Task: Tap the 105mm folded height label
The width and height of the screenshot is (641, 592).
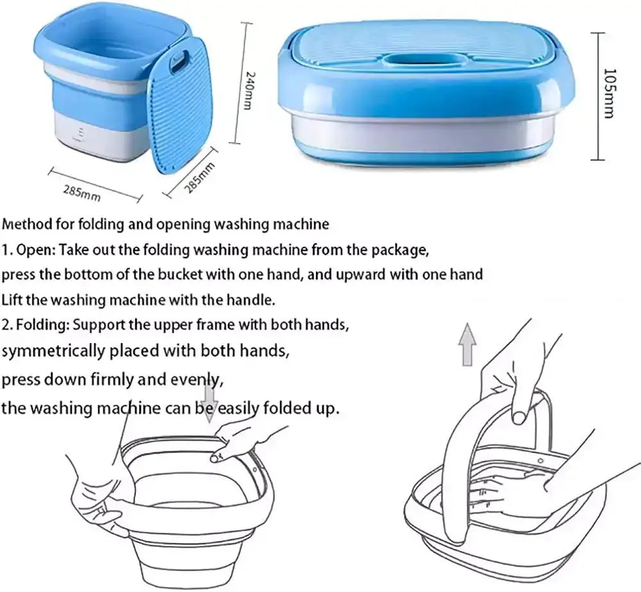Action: (x=610, y=93)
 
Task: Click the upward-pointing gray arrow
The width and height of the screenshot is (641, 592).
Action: (x=468, y=344)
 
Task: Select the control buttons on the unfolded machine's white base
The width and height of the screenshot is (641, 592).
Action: (x=80, y=134)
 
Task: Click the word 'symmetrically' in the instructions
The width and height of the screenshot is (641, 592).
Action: (x=53, y=351)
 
